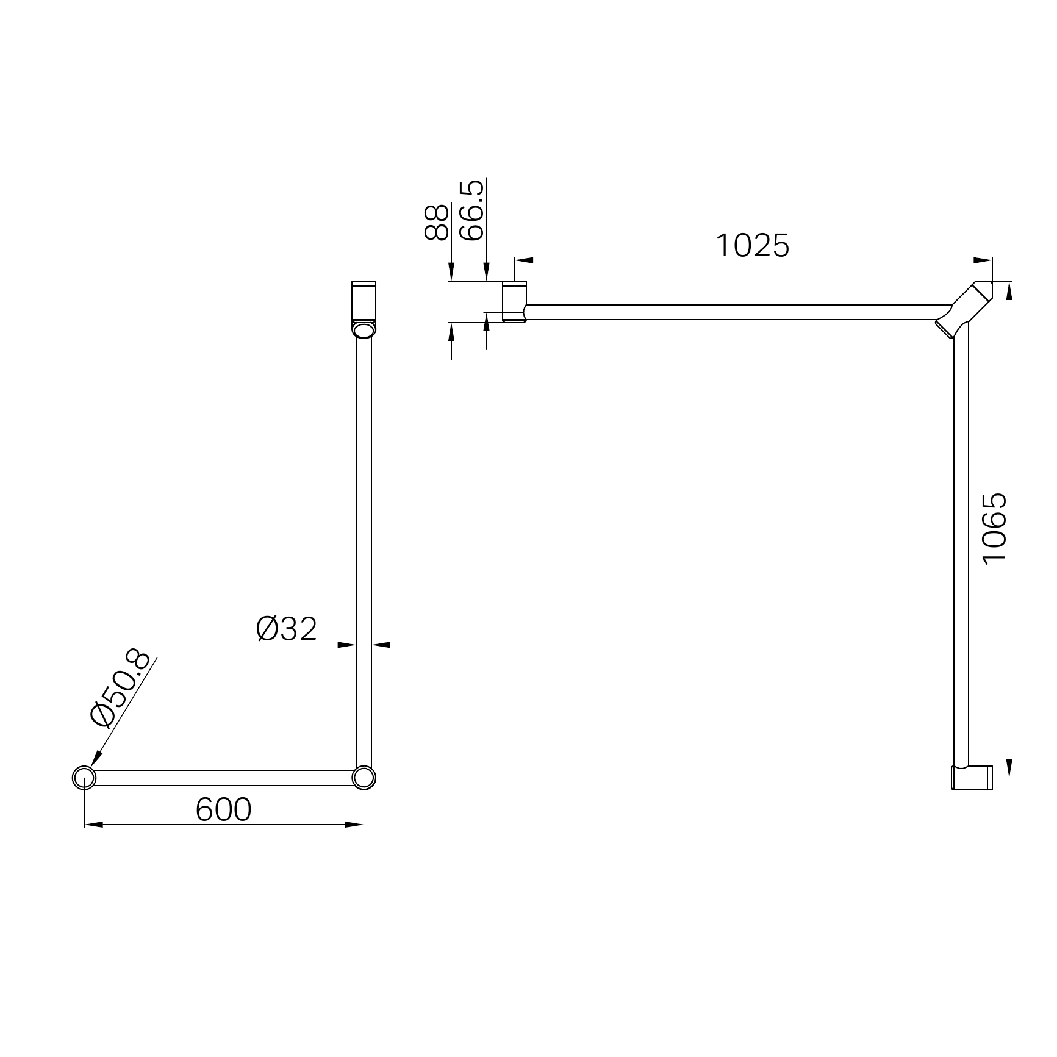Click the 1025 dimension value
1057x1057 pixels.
click(x=752, y=246)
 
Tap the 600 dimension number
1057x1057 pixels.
click(x=223, y=810)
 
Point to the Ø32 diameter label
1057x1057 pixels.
click(x=287, y=629)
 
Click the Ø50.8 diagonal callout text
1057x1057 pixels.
click(x=120, y=689)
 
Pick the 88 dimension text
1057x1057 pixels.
click(x=437, y=223)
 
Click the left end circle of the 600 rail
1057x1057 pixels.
click(x=84, y=778)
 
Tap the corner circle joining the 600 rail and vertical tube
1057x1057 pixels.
click(x=364, y=778)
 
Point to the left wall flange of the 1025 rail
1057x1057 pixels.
click(x=514, y=301)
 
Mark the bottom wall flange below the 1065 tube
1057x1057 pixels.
click(x=972, y=778)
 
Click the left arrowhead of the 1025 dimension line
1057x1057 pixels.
click(x=524, y=260)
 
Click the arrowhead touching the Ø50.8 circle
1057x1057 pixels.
click(x=95, y=760)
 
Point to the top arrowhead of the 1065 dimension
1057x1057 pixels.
click(x=1010, y=290)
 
